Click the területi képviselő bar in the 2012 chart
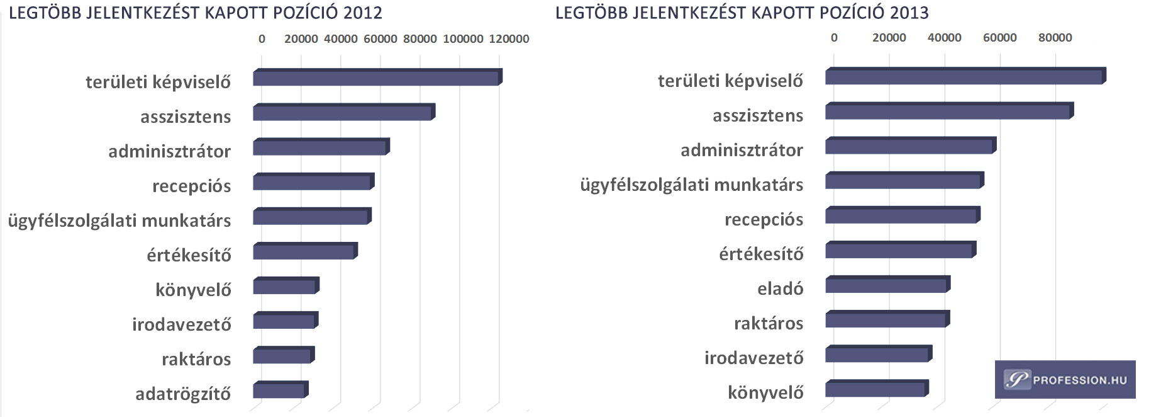click(x=376, y=77)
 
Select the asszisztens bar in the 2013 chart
click(x=948, y=111)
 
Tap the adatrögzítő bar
click(x=279, y=391)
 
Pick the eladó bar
click(x=886, y=285)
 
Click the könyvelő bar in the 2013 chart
click(x=875, y=389)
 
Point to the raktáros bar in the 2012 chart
click(x=282, y=356)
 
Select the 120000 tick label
click(x=509, y=39)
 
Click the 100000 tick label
click(x=463, y=39)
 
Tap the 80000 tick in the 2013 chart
click(x=1055, y=38)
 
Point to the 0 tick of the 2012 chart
click(x=262, y=39)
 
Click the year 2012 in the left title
click(x=362, y=13)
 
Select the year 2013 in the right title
click(x=909, y=13)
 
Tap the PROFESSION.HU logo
click(x=1065, y=380)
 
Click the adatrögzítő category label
click(x=183, y=394)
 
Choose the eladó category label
click(x=780, y=289)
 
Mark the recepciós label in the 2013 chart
click(x=764, y=220)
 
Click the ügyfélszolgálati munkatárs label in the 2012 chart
click(x=119, y=221)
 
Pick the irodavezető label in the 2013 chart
click(x=753, y=358)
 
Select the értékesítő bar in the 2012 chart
click(x=304, y=252)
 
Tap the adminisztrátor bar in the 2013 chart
click(x=909, y=146)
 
